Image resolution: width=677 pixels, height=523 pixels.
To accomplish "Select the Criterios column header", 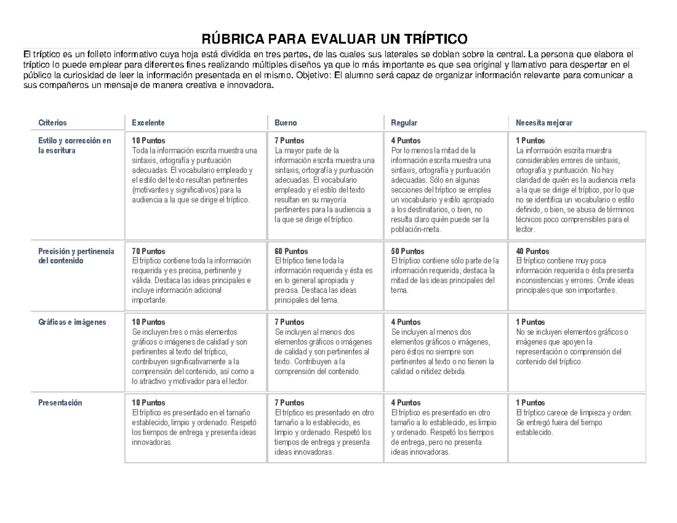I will pyautogui.click(x=52, y=122).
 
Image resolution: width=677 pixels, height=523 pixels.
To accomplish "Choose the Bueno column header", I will pyautogui.click(x=285, y=122).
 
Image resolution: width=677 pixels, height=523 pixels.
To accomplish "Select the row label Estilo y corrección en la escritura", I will pyautogui.click(x=74, y=146).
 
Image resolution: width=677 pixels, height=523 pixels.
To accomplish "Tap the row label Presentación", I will pyautogui.click(x=60, y=403).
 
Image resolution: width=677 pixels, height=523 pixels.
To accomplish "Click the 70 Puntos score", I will pyautogui.click(x=148, y=251).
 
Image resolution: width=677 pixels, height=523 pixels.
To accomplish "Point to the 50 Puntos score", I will pyautogui.click(x=407, y=251).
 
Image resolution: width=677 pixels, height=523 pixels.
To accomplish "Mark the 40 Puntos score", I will pyautogui.click(x=533, y=251).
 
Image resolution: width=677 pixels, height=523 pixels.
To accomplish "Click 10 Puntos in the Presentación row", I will pyautogui.click(x=148, y=403).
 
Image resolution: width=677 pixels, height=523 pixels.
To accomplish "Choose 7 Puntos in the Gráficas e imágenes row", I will pyautogui.click(x=289, y=322).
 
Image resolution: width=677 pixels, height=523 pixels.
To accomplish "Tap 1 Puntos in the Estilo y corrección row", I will pyautogui.click(x=531, y=140).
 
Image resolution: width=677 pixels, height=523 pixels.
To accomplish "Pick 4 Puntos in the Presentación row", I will pyautogui.click(x=406, y=403).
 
